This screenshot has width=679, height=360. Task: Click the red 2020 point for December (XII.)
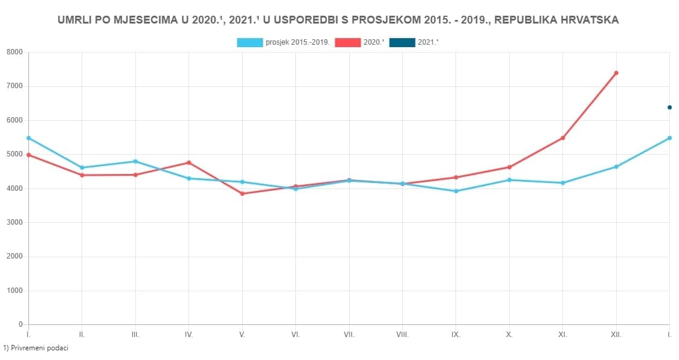click(616, 73)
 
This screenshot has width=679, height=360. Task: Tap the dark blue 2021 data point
click(669, 108)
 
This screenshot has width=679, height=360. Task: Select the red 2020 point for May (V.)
click(242, 194)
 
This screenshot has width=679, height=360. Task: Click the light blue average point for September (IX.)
click(456, 191)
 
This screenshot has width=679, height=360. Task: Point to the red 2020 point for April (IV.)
click(189, 162)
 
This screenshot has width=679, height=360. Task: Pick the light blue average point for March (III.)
click(135, 161)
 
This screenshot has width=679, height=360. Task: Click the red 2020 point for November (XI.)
click(562, 138)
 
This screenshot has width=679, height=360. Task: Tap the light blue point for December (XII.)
click(616, 167)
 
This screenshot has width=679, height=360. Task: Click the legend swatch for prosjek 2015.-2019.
click(250, 42)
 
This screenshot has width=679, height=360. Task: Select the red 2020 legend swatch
click(347, 42)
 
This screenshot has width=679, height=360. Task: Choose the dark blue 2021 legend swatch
click(402, 42)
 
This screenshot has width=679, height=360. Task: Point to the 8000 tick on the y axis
click(14, 53)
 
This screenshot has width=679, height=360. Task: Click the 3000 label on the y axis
click(14, 222)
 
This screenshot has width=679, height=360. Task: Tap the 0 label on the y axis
click(20, 324)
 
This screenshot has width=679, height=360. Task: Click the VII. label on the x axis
click(349, 334)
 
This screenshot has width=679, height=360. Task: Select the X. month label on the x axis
click(509, 334)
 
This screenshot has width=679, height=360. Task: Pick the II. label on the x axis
click(82, 334)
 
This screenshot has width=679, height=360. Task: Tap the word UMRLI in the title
click(74, 20)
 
